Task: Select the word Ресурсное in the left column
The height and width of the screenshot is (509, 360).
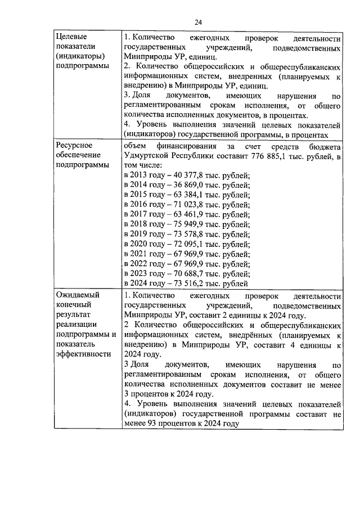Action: click(73, 145)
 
